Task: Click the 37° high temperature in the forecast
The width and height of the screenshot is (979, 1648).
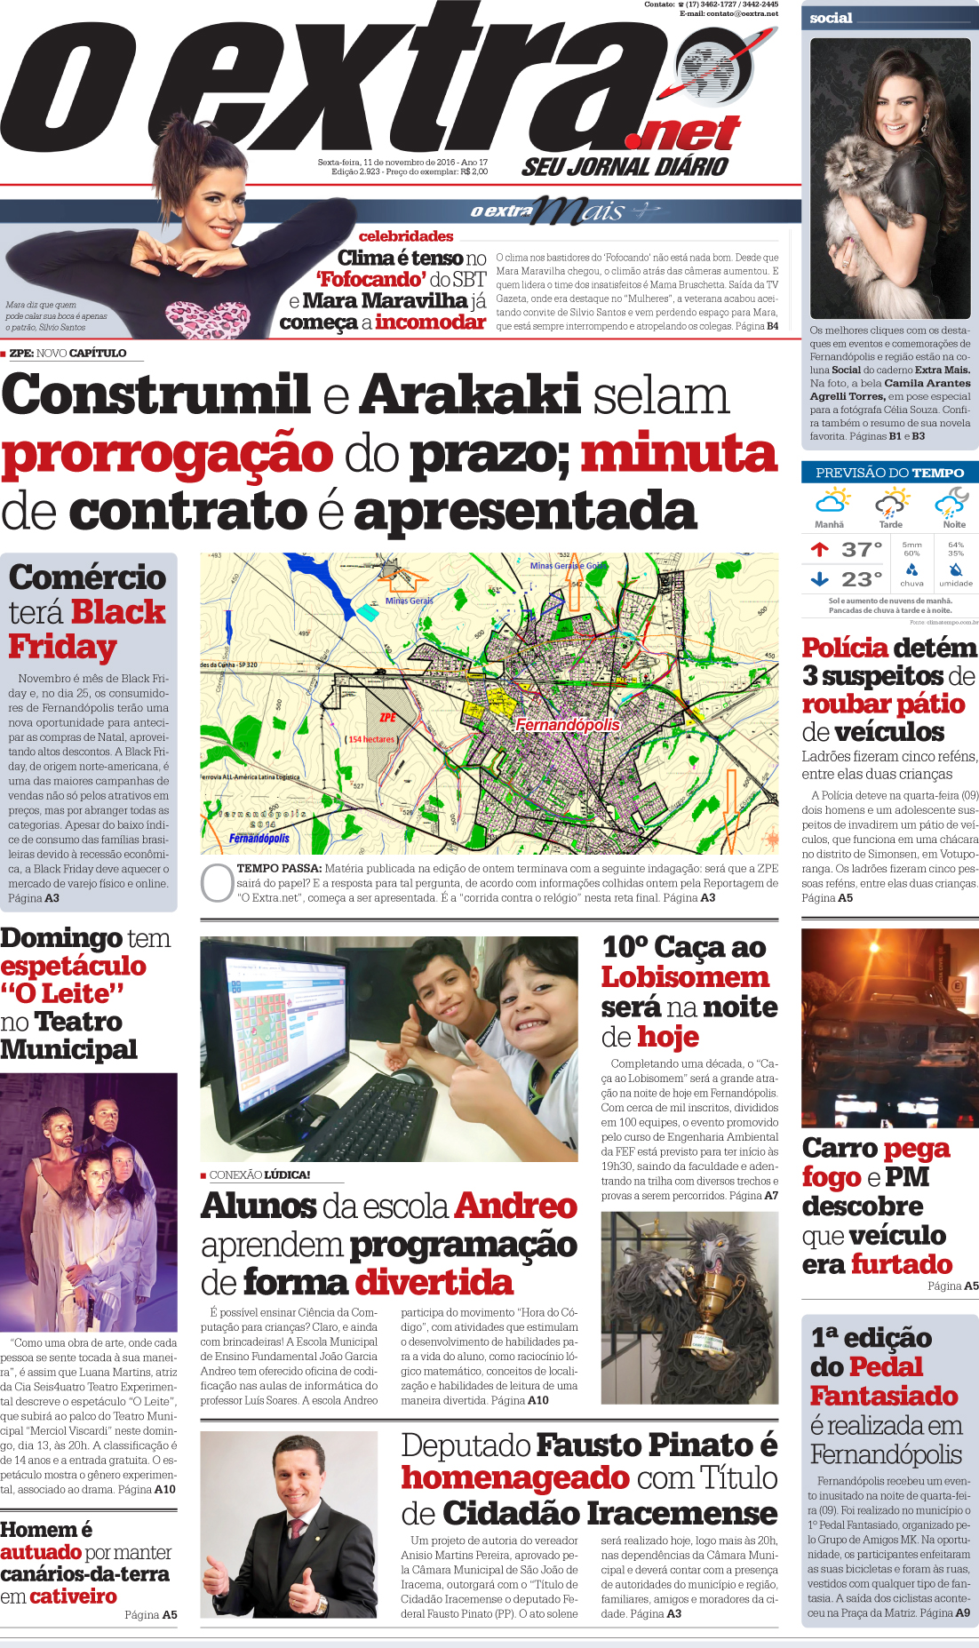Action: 862,550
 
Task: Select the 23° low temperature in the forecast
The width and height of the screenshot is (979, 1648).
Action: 862,579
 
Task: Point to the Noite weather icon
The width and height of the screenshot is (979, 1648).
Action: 952,504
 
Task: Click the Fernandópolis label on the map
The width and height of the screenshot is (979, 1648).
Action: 568,725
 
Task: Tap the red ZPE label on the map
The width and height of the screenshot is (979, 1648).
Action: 388,717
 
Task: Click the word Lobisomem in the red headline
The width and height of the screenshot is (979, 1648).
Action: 685,977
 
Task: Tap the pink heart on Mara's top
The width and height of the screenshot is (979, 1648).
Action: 206,320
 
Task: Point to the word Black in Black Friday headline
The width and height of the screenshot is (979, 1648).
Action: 118,612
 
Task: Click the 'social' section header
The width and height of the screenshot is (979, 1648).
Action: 832,18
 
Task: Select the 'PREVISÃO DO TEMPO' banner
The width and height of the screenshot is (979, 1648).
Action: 889,473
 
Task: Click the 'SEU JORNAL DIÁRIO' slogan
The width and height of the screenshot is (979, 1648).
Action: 625,166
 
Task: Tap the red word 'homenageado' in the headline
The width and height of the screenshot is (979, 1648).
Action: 515,1477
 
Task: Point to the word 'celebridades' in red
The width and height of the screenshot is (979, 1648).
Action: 406,236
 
